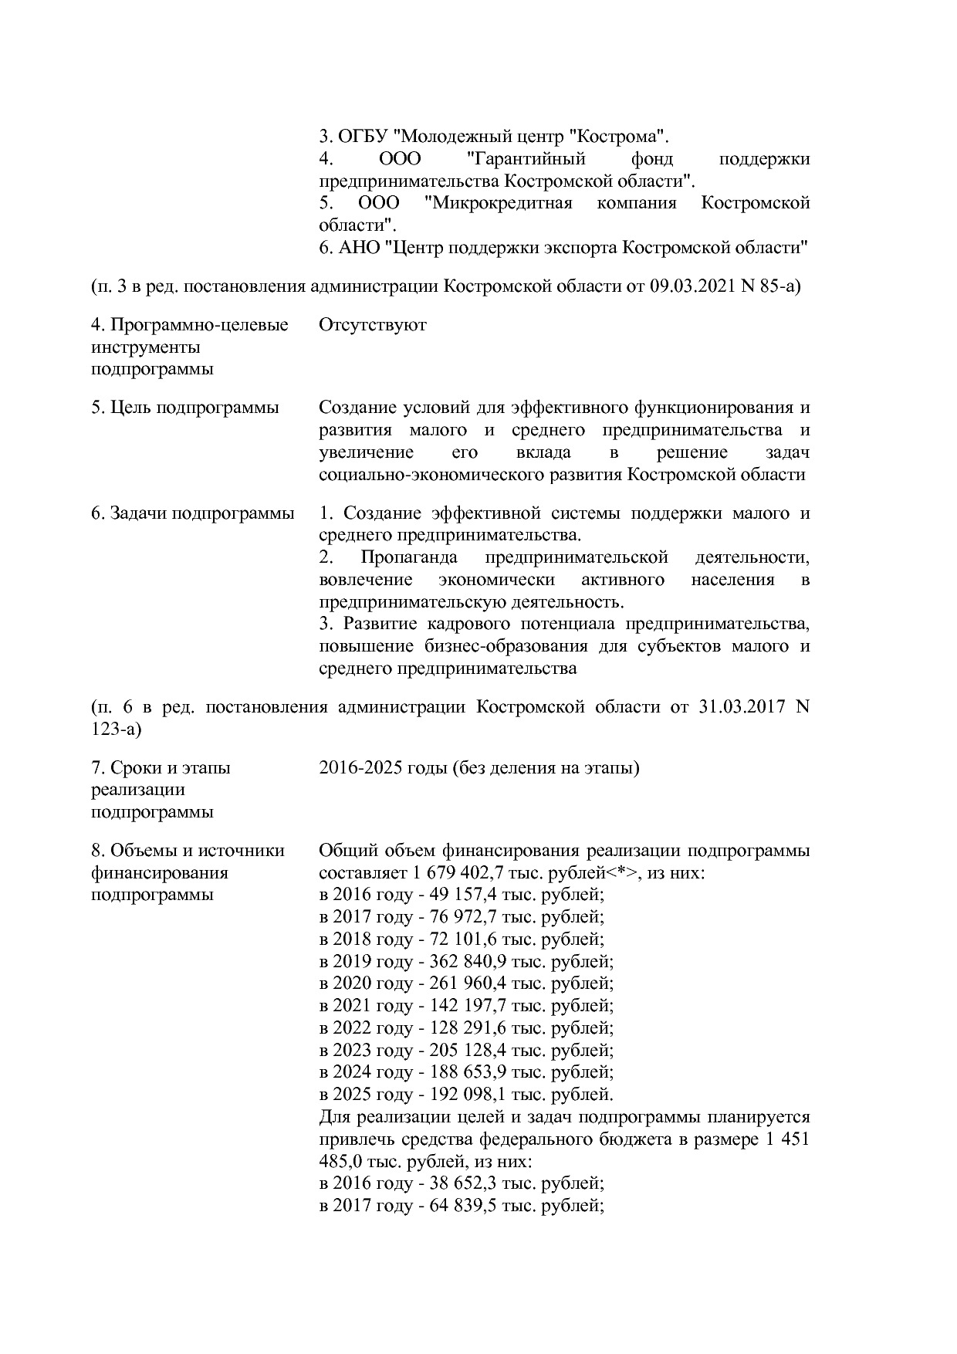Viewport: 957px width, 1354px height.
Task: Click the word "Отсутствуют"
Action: click(x=372, y=325)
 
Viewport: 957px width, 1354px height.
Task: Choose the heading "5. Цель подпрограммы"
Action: click(x=184, y=408)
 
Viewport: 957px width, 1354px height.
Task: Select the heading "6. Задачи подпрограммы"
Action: click(x=192, y=513)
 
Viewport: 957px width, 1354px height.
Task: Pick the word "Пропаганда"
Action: click(x=408, y=557)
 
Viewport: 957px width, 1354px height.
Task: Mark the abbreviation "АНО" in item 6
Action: click(x=360, y=249)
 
